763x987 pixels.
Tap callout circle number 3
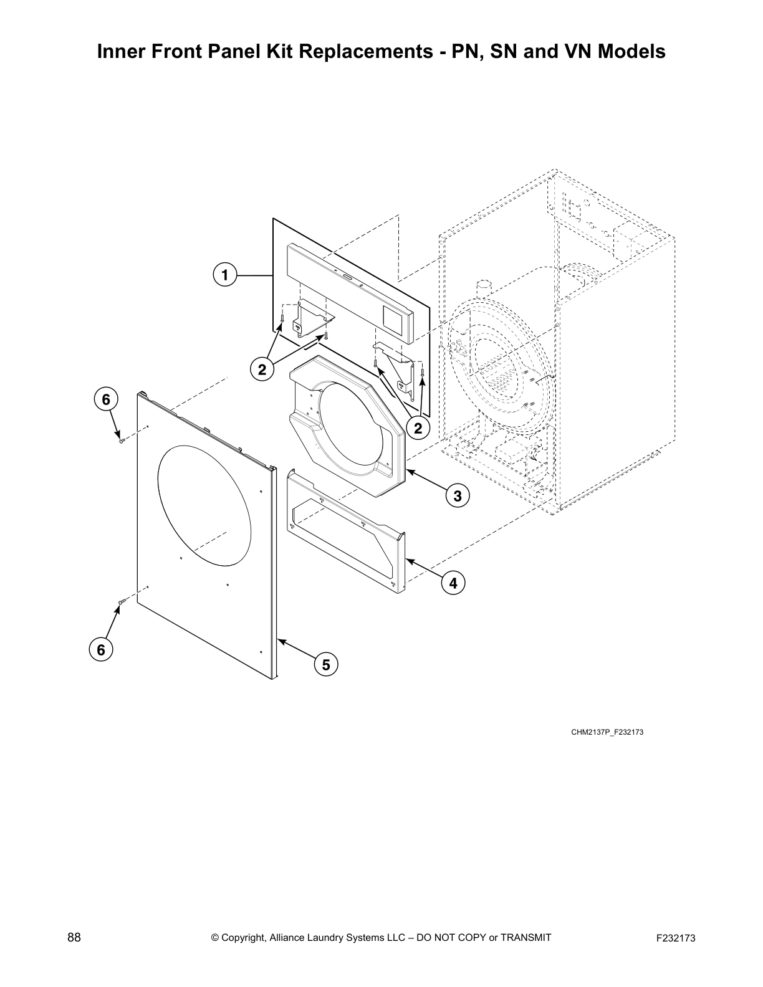pyautogui.click(x=458, y=496)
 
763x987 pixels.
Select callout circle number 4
pyautogui.click(x=453, y=583)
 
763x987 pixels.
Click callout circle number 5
pyautogui.click(x=326, y=665)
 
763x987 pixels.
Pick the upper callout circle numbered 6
pyautogui.click(x=106, y=399)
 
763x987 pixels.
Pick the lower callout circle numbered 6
pyautogui.click(x=100, y=649)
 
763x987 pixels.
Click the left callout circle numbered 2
pyautogui.click(x=262, y=370)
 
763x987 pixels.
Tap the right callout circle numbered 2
pyautogui.click(x=418, y=428)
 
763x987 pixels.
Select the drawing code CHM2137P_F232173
pyautogui.click(x=607, y=732)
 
